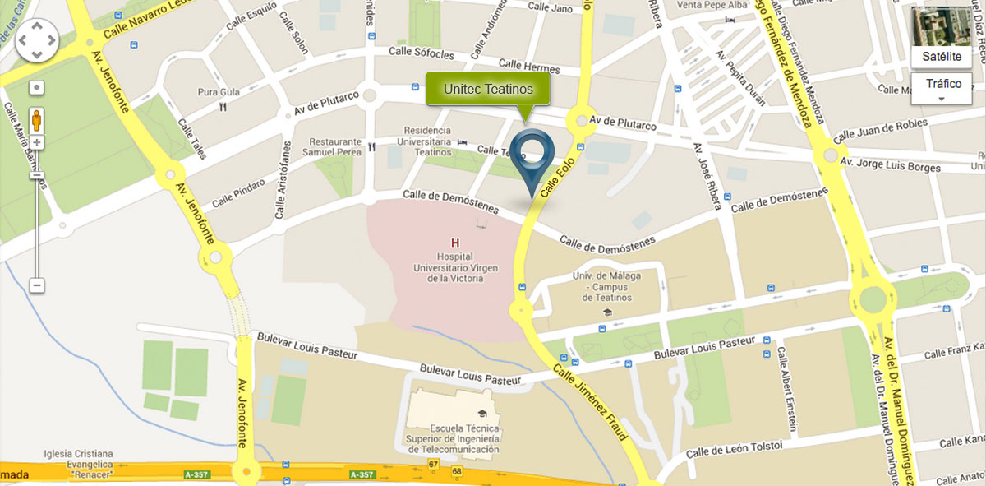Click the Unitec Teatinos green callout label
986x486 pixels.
pos(488,89)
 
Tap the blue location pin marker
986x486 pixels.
pos(532,155)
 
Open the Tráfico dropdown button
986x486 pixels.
pos(942,87)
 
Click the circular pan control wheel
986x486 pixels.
pos(37,39)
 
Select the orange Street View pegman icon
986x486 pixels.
pos(37,120)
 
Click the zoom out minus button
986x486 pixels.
pos(37,285)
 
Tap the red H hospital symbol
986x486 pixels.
pos(455,243)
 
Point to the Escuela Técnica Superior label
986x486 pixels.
pos(465,439)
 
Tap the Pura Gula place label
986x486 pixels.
pos(219,92)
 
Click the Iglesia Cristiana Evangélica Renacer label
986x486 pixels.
pos(80,464)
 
